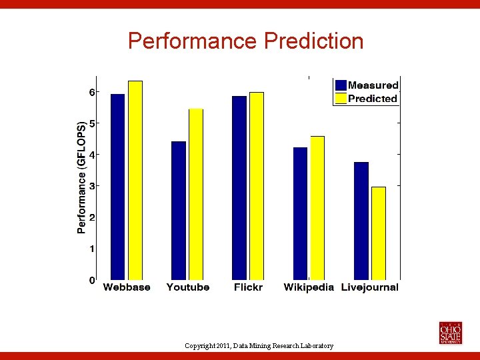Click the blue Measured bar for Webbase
point(117,187)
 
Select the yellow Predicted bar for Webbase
point(135,180)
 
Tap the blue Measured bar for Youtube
point(179,210)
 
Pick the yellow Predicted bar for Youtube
point(196,194)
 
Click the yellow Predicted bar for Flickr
point(257,186)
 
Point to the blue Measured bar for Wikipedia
point(300,213)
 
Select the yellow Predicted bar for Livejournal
point(379,233)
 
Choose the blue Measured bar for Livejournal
point(361,221)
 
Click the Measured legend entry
point(367,85)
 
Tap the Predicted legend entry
point(367,99)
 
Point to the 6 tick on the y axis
point(92,91)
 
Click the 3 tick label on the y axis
point(92,185)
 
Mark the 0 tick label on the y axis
point(92,280)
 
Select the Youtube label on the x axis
point(188,287)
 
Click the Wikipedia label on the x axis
point(309,287)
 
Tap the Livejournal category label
point(369,287)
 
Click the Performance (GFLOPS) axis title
point(81,177)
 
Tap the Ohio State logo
point(450,333)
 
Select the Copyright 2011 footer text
point(259,345)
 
